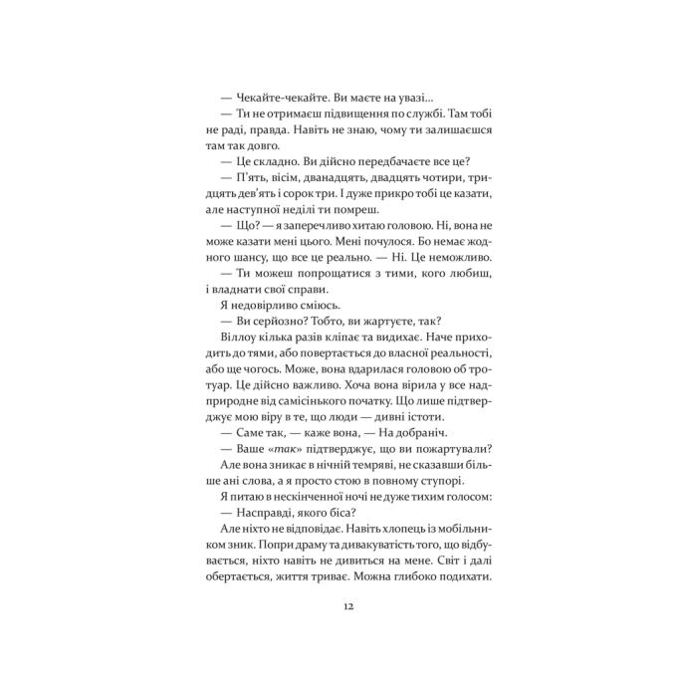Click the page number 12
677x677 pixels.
346,605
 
